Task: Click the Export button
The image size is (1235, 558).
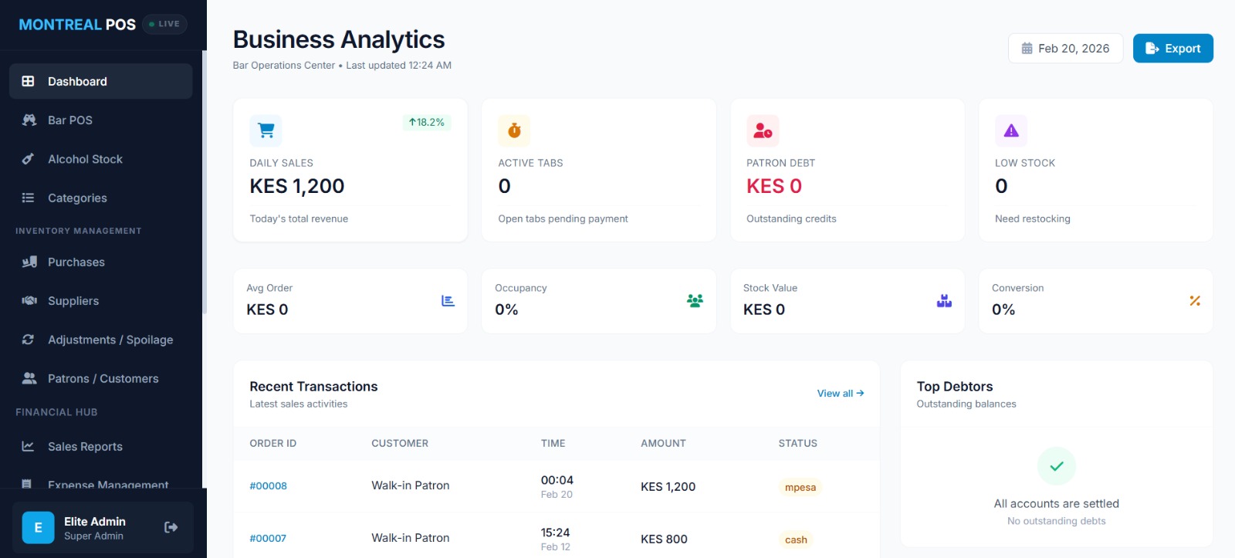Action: [1172, 49]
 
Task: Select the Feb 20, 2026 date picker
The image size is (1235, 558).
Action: [1065, 49]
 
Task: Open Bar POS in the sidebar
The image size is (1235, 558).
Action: [70, 120]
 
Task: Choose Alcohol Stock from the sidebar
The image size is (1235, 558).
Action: [85, 159]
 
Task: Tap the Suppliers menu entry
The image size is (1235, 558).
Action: [73, 301]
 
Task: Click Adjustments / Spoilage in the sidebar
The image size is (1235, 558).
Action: [110, 340]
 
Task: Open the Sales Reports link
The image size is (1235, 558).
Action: [85, 447]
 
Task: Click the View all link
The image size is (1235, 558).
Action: [840, 394]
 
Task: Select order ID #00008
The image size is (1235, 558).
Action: [268, 486]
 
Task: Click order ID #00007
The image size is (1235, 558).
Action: [268, 539]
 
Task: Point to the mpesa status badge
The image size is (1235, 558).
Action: [800, 487]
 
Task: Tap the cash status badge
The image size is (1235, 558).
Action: [796, 539]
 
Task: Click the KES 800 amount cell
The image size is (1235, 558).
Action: [664, 539]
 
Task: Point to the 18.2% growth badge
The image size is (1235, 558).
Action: [427, 123]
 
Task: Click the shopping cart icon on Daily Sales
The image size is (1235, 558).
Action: [266, 130]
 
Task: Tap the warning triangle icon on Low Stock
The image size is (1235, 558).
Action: [1010, 131]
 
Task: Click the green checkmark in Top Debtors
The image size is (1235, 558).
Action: [1056, 466]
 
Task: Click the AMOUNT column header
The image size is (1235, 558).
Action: [663, 444]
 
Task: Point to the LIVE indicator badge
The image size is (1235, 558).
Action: [164, 24]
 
